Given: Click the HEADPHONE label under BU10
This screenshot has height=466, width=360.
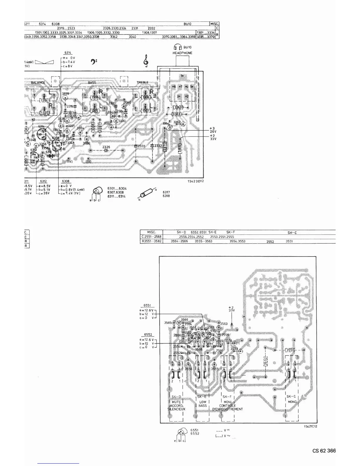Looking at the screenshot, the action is pos(182,53).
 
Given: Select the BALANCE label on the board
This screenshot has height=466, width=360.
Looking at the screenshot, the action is pos(38,83).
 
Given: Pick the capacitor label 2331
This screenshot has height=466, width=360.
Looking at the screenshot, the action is pos(141,146).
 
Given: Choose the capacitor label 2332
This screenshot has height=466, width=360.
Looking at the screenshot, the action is pos(158,146).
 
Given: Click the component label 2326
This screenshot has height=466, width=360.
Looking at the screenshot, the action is pos(106,147).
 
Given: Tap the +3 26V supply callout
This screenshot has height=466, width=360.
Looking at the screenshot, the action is pos(213,130).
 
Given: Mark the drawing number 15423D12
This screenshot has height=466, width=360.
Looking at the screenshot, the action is pos(196,181).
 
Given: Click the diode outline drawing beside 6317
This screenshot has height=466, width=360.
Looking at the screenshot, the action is pos(146,194).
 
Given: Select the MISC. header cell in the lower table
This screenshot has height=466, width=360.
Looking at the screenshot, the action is pos(151,232).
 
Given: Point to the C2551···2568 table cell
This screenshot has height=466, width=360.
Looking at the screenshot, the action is pos(151,237).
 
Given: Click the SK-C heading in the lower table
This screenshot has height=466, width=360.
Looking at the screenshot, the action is pos(292,233).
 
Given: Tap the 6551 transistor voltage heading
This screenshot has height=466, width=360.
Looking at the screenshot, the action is pos(147,305).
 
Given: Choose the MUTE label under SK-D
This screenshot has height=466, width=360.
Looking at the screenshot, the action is pos(176,402).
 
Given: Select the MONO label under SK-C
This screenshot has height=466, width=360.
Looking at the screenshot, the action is pos(292,402).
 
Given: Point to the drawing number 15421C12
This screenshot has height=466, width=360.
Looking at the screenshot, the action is pos(310,426).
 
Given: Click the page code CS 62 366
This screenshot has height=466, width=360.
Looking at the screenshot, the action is pos(324,451).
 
